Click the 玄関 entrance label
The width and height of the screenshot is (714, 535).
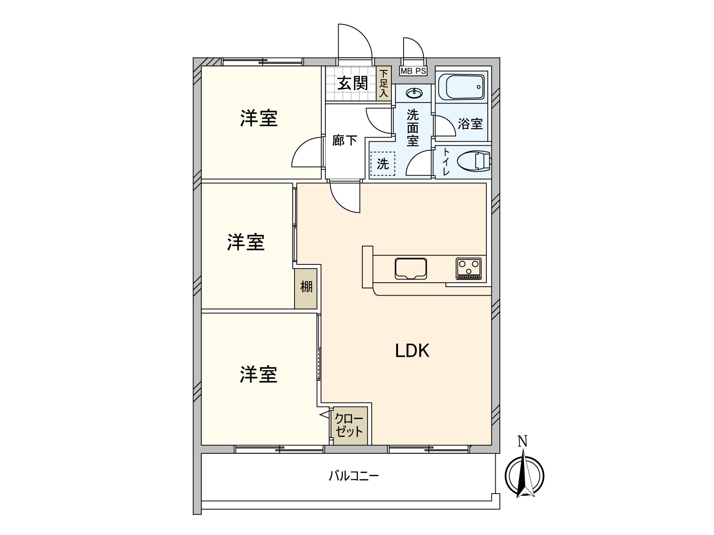coord(353,83)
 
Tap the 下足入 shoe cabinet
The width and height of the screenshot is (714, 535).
coord(384,83)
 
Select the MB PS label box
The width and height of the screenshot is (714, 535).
coord(413,71)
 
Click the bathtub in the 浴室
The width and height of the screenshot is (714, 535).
coord(461,87)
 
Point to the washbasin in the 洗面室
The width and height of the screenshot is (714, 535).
coord(414,94)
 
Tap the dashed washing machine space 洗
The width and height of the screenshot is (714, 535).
coord(383,164)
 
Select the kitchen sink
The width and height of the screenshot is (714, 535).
coord(411,269)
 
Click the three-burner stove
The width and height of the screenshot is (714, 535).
coord(469,269)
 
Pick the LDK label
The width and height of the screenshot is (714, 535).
coord(412,351)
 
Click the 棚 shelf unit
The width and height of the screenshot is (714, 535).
coord(306,288)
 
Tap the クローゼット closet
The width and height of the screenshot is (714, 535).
coord(349,425)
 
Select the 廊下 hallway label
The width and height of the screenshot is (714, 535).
coord(345,140)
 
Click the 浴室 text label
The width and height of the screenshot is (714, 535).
coord(470,124)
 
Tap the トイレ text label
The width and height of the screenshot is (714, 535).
coord(446,162)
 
